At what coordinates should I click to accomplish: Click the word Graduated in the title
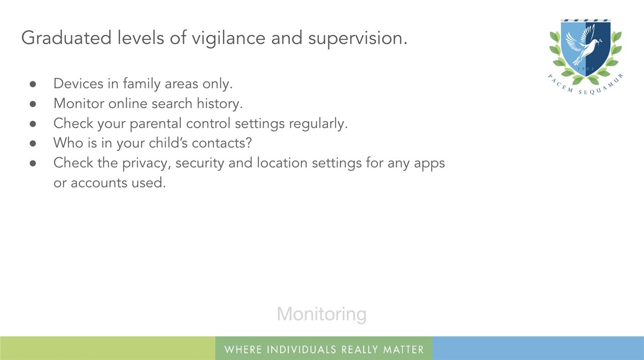coord(66,38)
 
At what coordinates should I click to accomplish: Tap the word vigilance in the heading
coord(228,39)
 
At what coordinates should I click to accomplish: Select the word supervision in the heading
coord(358,39)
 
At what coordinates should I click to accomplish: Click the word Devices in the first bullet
coord(78,83)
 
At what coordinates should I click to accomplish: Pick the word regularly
coord(318,124)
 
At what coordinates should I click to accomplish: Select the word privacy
coord(146,163)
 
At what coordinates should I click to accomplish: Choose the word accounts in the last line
coord(99,183)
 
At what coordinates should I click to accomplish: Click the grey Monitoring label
coord(321,314)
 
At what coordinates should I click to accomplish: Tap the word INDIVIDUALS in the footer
coord(301,349)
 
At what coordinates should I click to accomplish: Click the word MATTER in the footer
coord(404,349)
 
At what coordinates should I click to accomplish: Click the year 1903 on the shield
coord(586,69)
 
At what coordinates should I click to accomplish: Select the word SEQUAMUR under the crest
coord(602,85)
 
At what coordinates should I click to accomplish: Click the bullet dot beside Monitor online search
coord(33,104)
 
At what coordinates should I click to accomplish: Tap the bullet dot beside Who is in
coord(33,143)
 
